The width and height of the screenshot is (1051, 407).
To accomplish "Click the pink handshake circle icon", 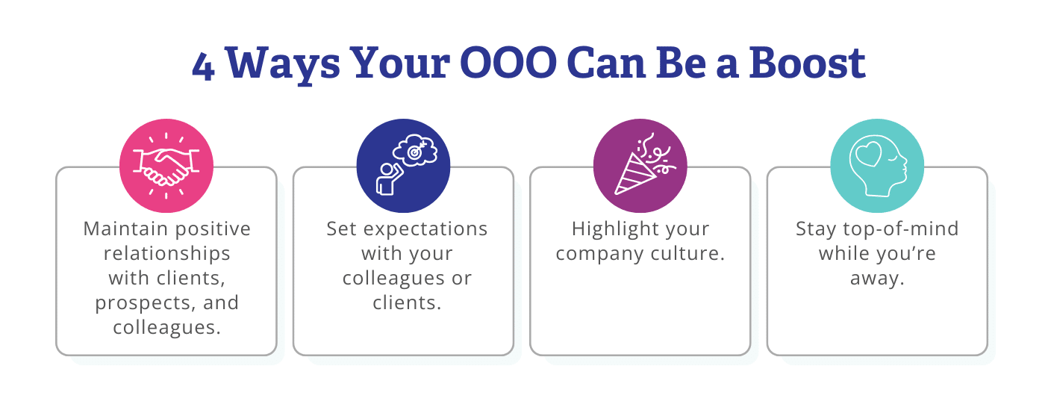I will [x=166, y=167].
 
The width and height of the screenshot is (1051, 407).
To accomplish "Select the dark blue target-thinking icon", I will [x=403, y=167].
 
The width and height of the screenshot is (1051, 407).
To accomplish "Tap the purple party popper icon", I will [x=640, y=167].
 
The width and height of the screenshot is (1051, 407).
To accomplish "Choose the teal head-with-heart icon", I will [x=876, y=167].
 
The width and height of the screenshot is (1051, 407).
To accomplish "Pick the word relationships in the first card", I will [x=166, y=253].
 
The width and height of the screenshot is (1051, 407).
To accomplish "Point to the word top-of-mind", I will [x=899, y=229].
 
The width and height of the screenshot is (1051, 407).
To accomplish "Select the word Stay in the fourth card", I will [x=814, y=229].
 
